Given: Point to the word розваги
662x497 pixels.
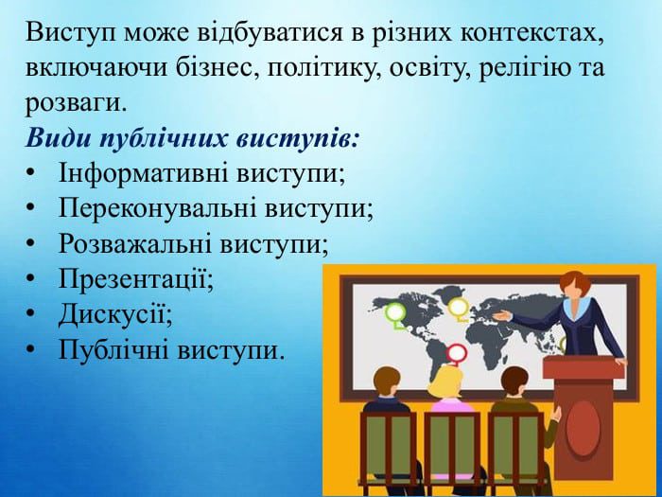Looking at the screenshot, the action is point(76,103).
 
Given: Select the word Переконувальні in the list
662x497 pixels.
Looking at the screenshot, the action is point(158,208).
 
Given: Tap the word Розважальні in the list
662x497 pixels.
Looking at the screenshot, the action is point(135,244).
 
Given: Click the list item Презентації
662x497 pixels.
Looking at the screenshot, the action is point(135,279).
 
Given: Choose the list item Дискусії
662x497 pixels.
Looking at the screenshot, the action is point(115,315).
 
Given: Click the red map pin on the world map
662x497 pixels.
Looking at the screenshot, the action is point(457,354).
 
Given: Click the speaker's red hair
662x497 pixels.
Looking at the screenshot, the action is point(575,283).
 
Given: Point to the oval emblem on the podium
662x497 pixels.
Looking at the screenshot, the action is point(583,428).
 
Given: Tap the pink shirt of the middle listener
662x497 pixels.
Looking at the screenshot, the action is point(452,405).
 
